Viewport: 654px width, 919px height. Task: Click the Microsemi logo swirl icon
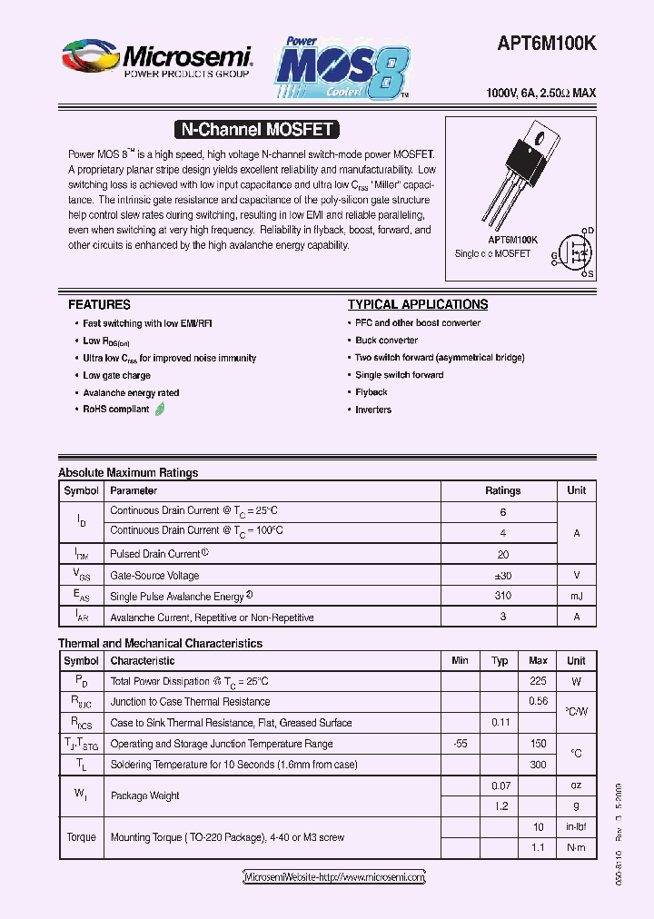(89, 57)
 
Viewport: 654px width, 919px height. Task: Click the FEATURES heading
(99, 305)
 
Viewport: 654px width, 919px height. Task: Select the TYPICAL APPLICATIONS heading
(418, 305)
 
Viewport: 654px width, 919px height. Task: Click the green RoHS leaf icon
(161, 410)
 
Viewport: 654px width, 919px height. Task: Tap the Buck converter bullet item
(386, 341)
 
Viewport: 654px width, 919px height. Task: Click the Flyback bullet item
(372, 392)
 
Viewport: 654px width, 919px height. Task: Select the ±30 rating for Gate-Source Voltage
(502, 576)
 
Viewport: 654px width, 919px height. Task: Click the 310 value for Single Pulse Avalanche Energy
(502, 597)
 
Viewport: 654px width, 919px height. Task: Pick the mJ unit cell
(576, 597)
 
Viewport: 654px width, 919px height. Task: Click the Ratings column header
(502, 490)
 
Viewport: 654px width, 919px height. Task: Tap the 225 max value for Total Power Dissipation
(538, 681)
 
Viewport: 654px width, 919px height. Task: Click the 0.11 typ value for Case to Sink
(500, 723)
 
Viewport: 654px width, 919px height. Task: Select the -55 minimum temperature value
(460, 744)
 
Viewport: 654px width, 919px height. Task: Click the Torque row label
(81, 837)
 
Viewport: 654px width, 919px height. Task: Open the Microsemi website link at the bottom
(334, 877)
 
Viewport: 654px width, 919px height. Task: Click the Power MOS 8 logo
(343, 68)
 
